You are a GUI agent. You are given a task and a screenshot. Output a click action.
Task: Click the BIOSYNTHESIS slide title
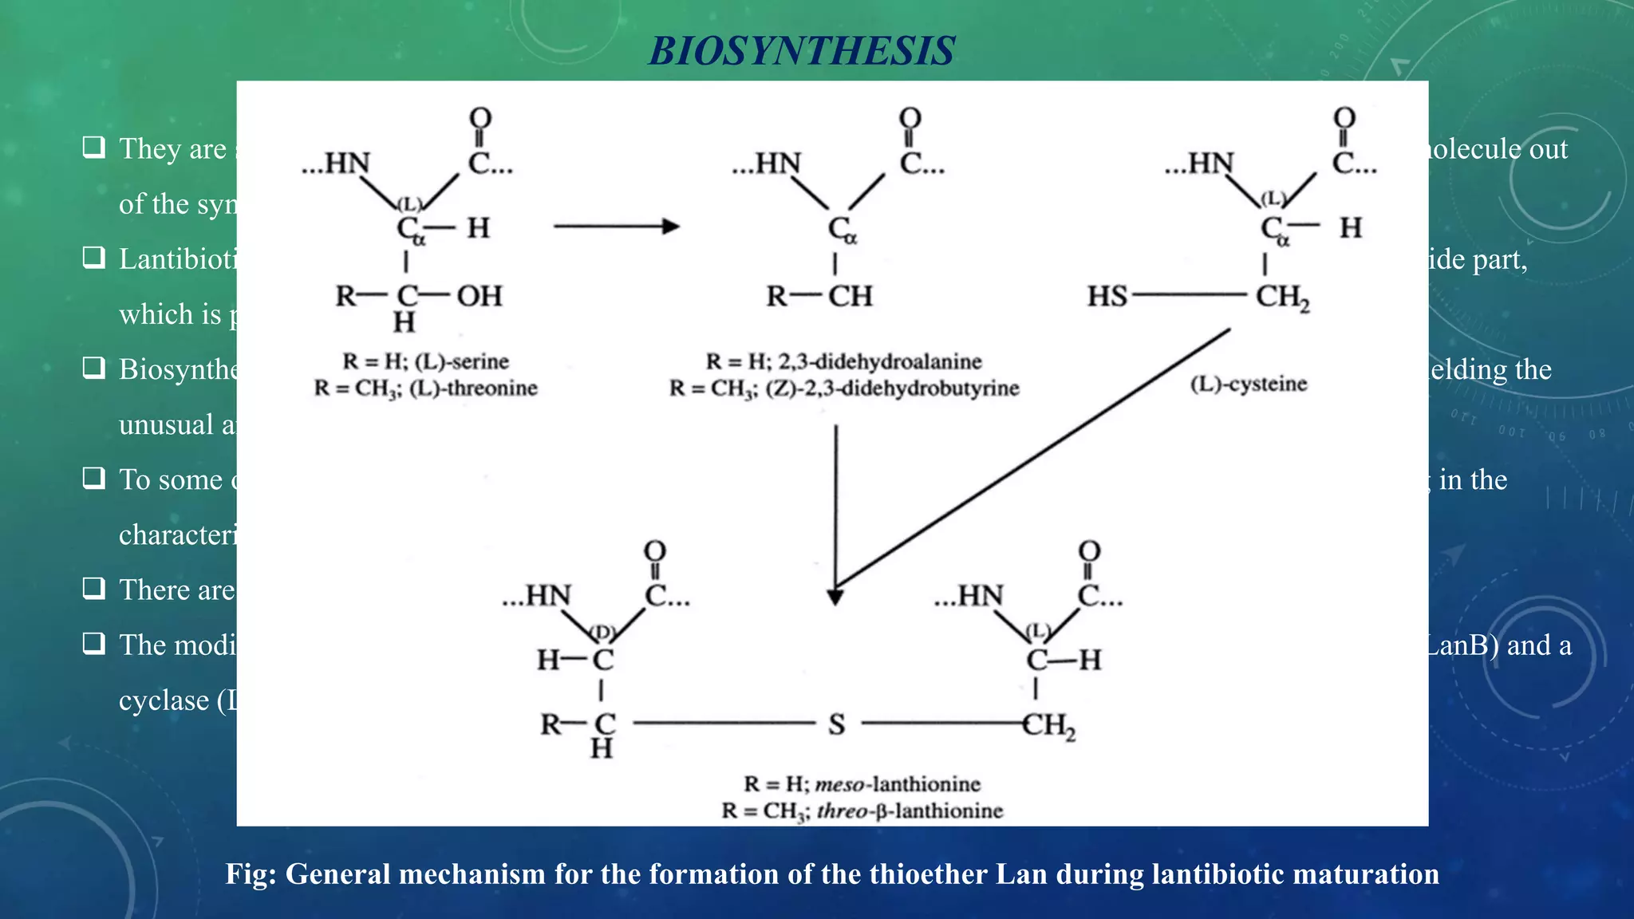point(801,51)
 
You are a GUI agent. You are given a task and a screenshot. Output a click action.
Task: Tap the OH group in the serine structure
point(480,296)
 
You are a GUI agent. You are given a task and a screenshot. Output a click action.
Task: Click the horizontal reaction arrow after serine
point(616,227)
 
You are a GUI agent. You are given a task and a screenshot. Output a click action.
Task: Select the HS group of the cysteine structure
point(1107,297)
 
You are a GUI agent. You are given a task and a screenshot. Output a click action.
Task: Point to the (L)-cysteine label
point(1249,384)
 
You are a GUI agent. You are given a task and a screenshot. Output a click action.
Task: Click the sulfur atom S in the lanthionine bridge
point(836,724)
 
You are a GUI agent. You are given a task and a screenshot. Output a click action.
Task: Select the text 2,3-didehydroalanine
point(880,361)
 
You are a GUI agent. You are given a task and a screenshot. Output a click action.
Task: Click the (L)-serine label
point(462,361)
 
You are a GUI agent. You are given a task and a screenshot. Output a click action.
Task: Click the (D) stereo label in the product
point(602,632)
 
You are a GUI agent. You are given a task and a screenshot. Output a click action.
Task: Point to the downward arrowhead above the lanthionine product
point(835,597)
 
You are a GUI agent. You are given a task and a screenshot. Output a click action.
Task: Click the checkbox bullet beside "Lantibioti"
point(94,257)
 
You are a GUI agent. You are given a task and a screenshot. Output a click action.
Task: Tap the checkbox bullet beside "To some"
point(94,478)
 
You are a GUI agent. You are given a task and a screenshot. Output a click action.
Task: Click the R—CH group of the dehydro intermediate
point(819,297)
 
